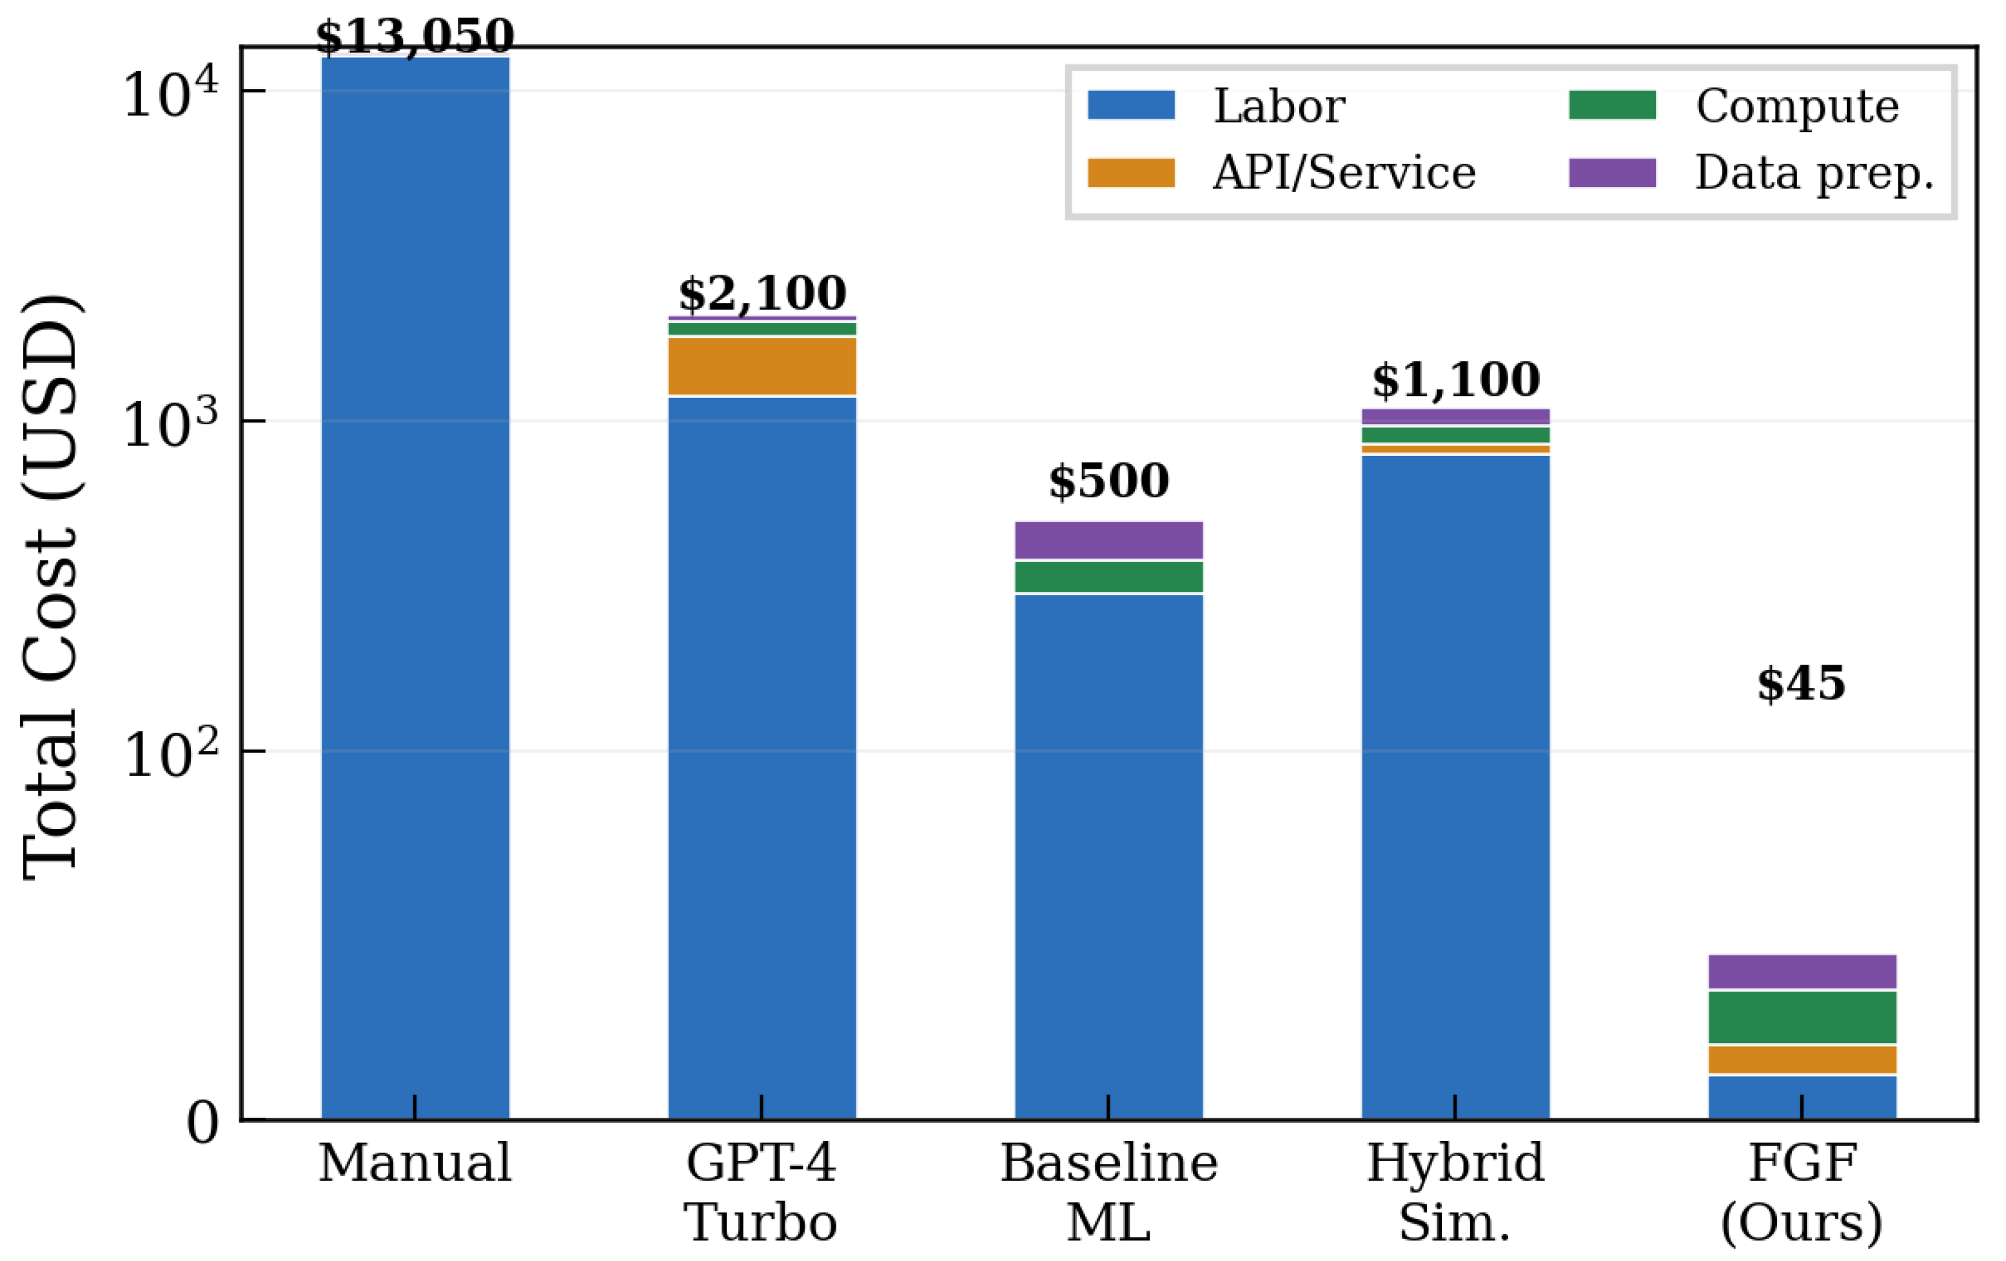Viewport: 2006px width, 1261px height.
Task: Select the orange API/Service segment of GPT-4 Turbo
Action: [762, 366]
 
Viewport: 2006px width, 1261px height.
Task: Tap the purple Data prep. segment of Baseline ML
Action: [1109, 540]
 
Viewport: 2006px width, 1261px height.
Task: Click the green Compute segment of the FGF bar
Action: [1802, 1017]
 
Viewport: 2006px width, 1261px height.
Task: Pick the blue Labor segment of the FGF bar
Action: [1802, 1098]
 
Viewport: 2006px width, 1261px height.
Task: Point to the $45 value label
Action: [1801, 684]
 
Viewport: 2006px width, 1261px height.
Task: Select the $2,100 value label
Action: [762, 293]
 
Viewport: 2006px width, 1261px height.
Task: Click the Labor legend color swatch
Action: [1131, 106]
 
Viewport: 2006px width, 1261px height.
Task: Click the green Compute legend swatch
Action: [1612, 106]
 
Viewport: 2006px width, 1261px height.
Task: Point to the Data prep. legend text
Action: [1814, 173]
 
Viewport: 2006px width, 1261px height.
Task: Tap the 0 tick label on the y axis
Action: [203, 1124]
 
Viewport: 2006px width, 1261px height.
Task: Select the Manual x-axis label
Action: [415, 1163]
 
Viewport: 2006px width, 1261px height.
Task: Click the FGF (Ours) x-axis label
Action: [1802, 1193]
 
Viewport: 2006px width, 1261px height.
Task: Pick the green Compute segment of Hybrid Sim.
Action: [1455, 435]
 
